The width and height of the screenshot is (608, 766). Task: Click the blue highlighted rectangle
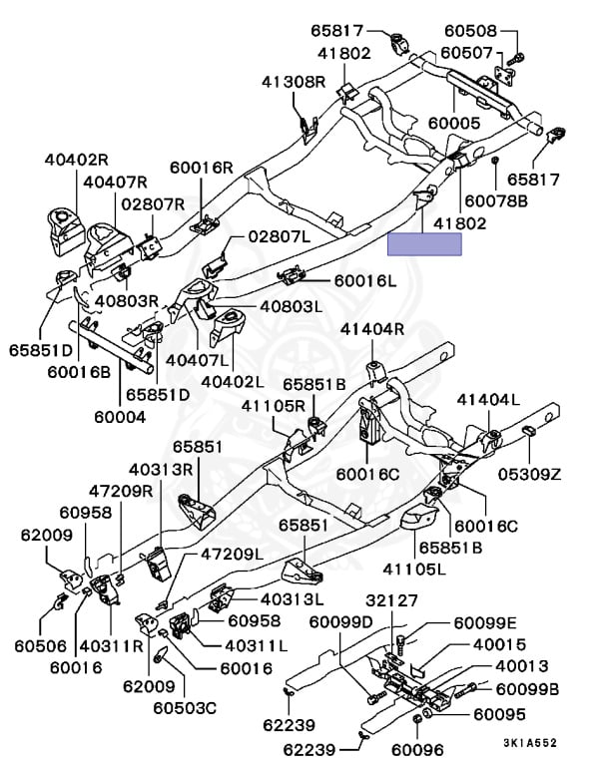[424, 243]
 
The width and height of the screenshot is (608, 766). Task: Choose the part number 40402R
[75, 160]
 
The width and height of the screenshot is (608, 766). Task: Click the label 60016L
[364, 282]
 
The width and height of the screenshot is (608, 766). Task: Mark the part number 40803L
[291, 305]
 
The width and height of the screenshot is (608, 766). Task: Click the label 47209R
[119, 491]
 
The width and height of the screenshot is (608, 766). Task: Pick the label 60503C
[185, 709]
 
